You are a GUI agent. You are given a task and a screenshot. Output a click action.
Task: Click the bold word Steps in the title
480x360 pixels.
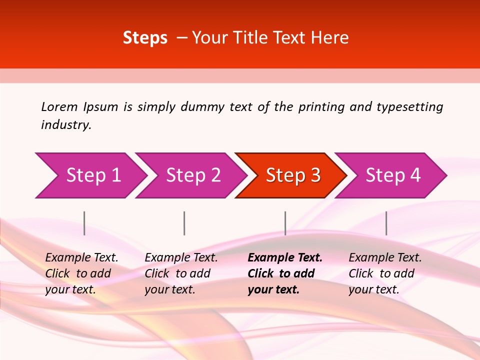tap(145, 38)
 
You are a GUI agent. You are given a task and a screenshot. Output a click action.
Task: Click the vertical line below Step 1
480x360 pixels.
tap(84, 223)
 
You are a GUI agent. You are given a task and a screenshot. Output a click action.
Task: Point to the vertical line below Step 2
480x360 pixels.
tap(184, 223)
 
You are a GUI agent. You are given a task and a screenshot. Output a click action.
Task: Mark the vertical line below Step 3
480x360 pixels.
tap(285, 223)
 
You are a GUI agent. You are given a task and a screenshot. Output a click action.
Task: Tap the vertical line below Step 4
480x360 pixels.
tap(386, 223)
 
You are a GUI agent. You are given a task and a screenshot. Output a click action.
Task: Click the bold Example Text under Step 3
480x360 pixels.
tap(285, 257)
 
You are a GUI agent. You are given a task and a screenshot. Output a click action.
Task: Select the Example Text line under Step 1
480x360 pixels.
tap(81, 257)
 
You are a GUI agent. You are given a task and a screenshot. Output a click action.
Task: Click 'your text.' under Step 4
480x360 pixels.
tap(373, 289)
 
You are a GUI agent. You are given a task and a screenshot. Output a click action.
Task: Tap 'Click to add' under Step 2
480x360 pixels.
tap(177, 273)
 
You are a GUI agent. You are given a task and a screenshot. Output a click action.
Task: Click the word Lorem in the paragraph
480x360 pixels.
tap(59, 106)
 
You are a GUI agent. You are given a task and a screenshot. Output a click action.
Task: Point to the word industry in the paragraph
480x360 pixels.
tap(65, 124)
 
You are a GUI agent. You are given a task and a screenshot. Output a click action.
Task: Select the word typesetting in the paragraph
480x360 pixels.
tap(409, 106)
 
